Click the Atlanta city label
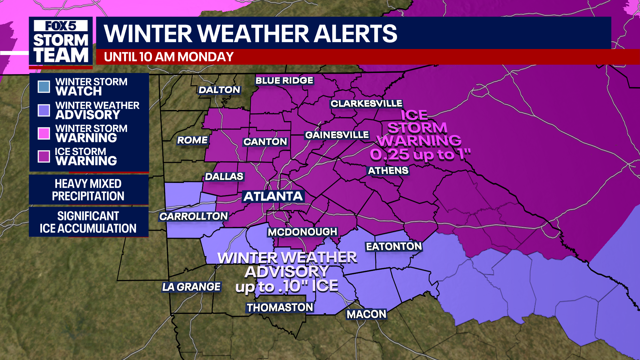coord(273,196)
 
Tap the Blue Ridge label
coord(284,81)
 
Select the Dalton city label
coord(219,90)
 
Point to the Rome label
coord(192,140)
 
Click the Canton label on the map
coord(265,142)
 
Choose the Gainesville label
coord(337,135)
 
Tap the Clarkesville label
coord(366,104)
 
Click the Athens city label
coord(388,171)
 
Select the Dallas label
coord(224,177)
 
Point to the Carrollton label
coord(194,217)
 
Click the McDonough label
coord(303,232)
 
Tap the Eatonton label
coord(394,247)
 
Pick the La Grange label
coord(191,287)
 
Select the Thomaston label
coord(280,308)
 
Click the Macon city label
coord(366,314)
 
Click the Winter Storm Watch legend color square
coord(44,87)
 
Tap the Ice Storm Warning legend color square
coord(44,156)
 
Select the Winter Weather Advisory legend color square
coord(44,110)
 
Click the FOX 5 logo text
coord(61,26)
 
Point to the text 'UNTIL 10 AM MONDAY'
coord(169,57)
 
